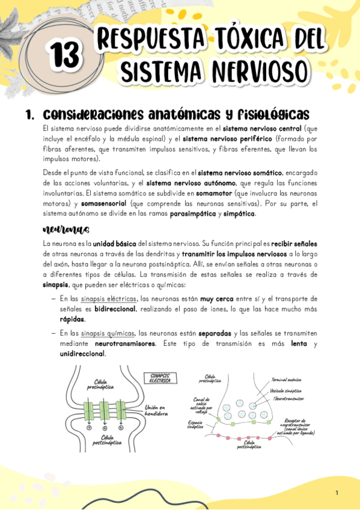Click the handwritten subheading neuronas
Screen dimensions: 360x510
[66, 230]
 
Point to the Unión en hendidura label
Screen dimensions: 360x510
[157, 410]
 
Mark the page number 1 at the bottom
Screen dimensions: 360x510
[337, 493]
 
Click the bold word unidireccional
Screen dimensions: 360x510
[82, 353]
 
